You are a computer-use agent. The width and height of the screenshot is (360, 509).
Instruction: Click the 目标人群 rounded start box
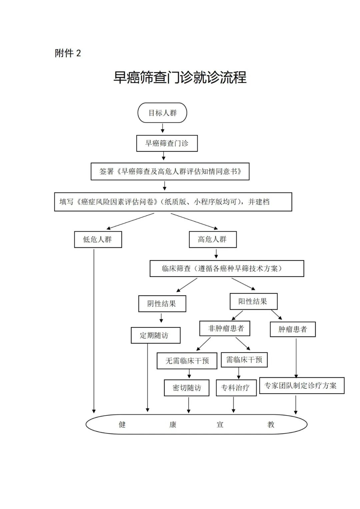pos(162,113)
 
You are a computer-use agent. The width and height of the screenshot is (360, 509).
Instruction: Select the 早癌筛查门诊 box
pos(167,143)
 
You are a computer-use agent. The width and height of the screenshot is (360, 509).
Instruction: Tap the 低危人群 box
pos(98,239)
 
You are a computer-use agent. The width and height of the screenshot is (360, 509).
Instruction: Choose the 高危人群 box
pos(213,239)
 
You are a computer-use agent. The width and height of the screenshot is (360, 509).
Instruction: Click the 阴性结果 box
pos(162,304)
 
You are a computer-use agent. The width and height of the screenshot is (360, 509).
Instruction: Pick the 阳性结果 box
pos(253,301)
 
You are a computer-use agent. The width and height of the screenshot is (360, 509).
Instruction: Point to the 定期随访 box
pos(155,335)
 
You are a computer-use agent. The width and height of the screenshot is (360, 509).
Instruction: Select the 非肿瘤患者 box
pos(225,329)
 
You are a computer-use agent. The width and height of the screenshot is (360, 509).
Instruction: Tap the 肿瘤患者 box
pos(293,329)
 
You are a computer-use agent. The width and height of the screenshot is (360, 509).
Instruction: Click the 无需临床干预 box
pos(187,361)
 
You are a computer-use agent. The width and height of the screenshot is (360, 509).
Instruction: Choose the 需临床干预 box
pos(244,360)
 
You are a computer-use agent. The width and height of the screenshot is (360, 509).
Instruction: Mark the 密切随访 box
pos(187,388)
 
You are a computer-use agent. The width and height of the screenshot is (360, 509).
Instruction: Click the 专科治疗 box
pos(236,388)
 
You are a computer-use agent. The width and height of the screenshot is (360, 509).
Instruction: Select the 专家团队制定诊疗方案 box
pos(301,386)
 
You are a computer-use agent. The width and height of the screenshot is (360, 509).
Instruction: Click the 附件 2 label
pos(68,53)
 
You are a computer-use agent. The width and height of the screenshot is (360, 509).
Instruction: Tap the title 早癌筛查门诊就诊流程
pos(180,77)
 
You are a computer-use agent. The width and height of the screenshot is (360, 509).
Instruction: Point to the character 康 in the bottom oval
pos(173,425)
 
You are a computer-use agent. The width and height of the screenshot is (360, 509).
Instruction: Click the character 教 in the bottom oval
pos(271,425)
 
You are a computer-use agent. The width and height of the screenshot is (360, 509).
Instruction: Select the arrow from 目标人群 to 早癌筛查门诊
pos(163,128)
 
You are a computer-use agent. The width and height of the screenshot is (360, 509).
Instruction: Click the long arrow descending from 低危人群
pos(94,330)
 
